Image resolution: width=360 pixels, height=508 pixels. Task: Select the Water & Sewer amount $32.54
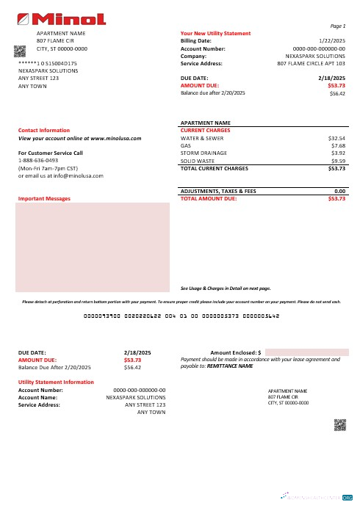[336, 137]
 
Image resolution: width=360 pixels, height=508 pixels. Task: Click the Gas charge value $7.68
[338, 145]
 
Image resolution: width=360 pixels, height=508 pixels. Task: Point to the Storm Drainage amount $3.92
[338, 153]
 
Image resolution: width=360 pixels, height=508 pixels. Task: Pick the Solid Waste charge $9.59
[338, 160]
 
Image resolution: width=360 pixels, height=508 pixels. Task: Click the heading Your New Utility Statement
[215, 34]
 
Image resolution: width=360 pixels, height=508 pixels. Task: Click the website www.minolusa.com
[114, 137]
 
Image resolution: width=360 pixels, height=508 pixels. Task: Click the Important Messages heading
[44, 198]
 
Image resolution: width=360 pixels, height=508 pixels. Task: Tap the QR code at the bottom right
[339, 424]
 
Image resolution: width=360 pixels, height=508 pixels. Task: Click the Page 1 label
[339, 26]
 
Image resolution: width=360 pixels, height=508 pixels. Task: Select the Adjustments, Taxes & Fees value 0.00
[340, 191]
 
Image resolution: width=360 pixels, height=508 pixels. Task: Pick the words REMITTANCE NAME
[230, 365]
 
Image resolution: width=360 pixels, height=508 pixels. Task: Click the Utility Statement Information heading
[57, 382]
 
